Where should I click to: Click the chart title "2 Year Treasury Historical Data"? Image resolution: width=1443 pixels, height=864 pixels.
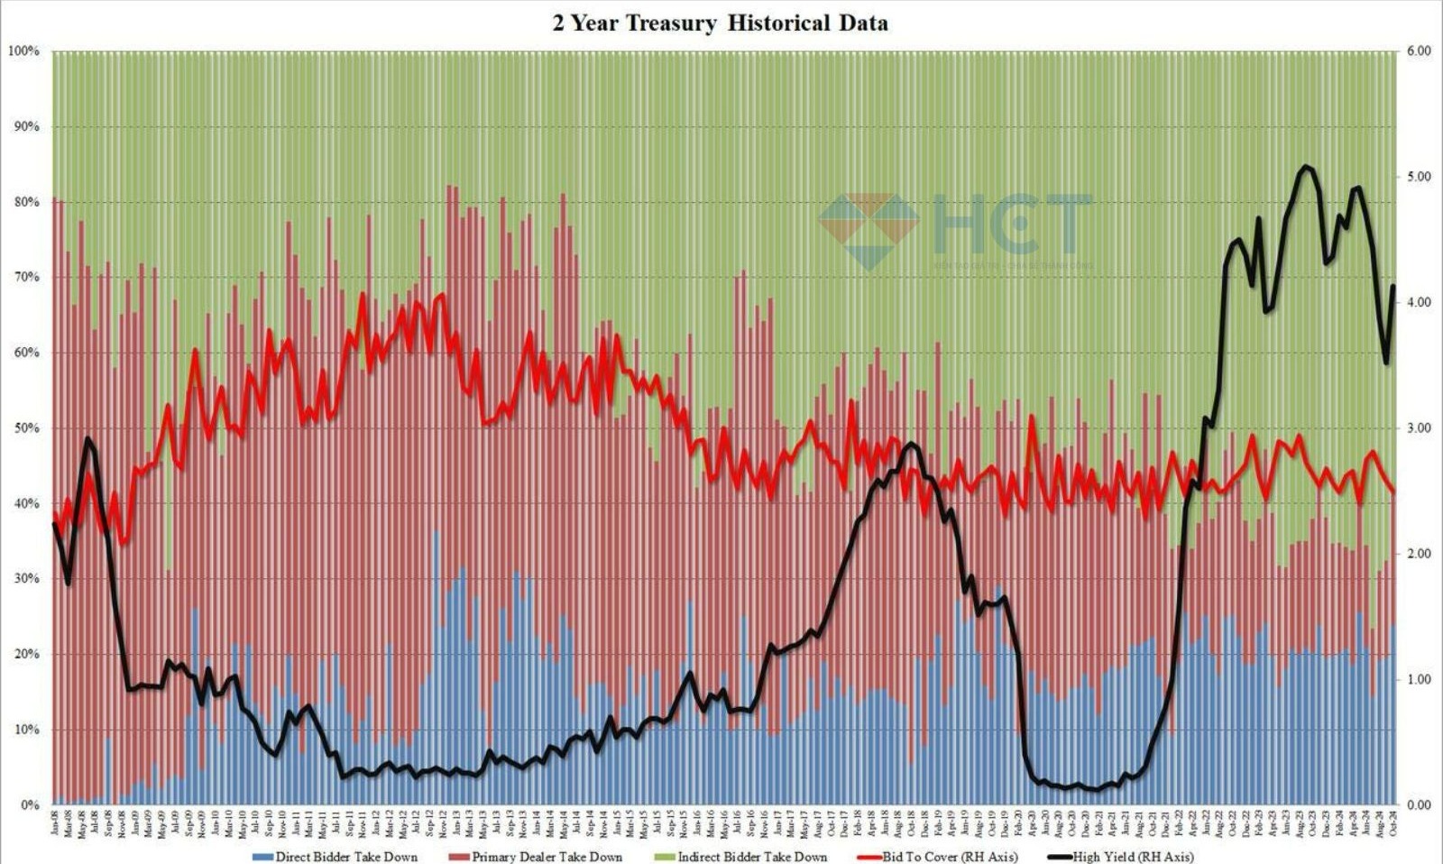[720, 23]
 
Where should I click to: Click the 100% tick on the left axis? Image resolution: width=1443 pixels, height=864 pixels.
[23, 51]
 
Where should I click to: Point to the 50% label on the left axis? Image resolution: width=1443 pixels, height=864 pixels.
[26, 428]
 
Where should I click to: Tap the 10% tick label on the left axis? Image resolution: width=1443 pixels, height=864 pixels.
[26, 730]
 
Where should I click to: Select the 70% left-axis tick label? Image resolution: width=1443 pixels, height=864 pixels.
[26, 278]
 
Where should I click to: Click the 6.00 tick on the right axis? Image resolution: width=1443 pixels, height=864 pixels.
[1419, 51]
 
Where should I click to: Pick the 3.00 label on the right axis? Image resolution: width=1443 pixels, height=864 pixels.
[1419, 428]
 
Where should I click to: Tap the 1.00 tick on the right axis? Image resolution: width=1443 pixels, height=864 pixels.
[1419, 679]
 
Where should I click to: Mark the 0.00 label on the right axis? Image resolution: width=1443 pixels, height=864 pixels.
[1419, 804]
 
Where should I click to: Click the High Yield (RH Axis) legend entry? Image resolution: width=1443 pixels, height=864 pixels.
[1133, 856]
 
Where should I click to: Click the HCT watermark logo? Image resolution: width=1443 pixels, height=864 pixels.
[956, 230]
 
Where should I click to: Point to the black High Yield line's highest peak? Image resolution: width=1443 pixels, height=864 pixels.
[1304, 166]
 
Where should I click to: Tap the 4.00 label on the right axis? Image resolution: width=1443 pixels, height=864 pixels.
[1419, 303]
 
